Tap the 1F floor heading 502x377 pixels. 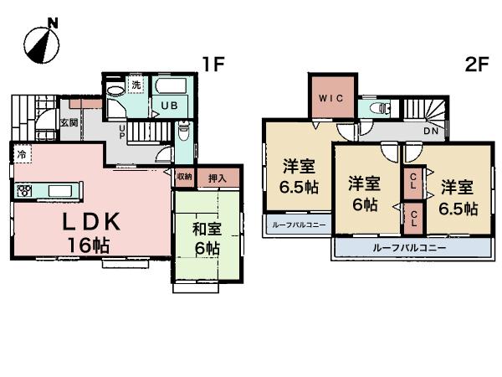[x=209, y=63]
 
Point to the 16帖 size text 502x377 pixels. [x=89, y=246]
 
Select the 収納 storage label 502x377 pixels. [x=184, y=177]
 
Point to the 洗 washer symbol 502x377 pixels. [x=136, y=86]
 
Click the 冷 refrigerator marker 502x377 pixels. [x=21, y=154]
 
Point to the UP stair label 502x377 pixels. [x=122, y=132]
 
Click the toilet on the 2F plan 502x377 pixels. [x=378, y=107]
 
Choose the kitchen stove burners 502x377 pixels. [x=23, y=191]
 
